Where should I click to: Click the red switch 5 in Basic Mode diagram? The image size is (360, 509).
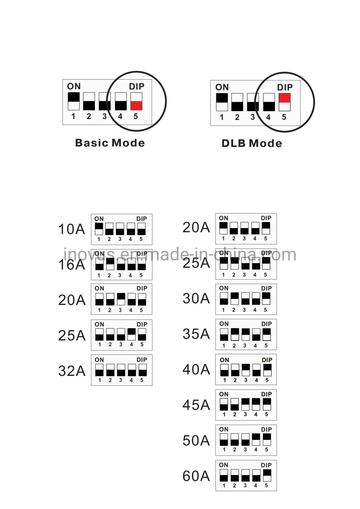click(137, 101)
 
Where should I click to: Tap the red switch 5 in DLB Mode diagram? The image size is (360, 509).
click(285, 102)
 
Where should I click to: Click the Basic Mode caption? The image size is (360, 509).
click(110, 143)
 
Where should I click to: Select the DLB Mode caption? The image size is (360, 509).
click(252, 143)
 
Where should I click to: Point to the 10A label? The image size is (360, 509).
click(72, 229)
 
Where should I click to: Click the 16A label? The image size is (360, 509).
click(72, 265)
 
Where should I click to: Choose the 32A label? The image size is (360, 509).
click(72, 371)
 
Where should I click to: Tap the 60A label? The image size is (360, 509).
click(196, 476)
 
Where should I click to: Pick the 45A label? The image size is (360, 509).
click(196, 405)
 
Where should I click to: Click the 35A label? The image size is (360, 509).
click(196, 334)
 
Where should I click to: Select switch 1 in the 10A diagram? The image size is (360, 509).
click(99, 229)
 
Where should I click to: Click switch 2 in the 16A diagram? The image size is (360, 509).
click(110, 264)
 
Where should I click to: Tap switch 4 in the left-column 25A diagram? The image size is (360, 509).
click(131, 334)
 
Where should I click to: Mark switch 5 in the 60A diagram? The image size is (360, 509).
click(267, 475)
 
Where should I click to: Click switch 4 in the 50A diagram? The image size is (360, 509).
click(256, 440)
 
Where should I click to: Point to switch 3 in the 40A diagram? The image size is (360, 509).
click(246, 370)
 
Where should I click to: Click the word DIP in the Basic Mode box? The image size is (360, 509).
click(137, 86)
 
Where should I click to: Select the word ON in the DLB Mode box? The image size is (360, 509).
click(222, 87)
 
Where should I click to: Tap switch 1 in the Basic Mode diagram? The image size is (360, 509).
click(74, 101)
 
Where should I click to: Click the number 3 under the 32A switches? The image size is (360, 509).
click(121, 380)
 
